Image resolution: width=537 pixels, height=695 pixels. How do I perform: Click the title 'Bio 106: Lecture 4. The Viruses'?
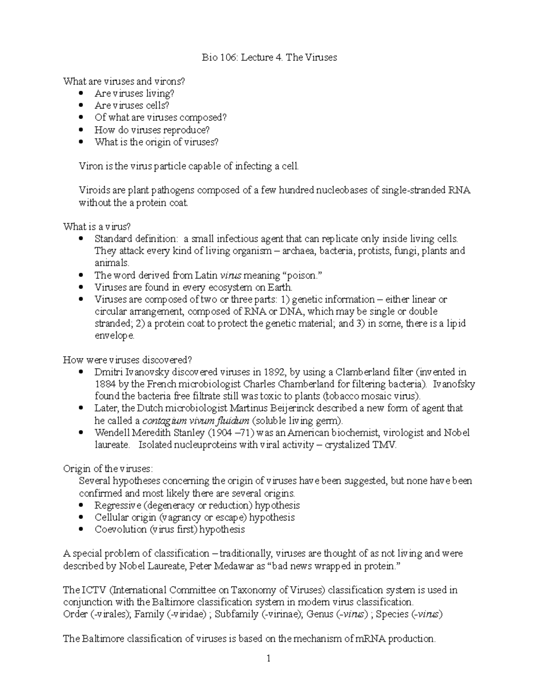tap(268, 57)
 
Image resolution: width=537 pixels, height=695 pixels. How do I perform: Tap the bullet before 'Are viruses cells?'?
tap(81, 106)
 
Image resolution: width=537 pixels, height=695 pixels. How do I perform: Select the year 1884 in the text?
tap(105, 384)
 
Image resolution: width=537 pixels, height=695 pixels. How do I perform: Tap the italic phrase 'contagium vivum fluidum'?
tap(196, 421)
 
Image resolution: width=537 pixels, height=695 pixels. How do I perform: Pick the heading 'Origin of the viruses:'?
tap(108, 469)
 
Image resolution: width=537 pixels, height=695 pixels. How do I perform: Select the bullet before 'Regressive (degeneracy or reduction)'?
tap(81, 505)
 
